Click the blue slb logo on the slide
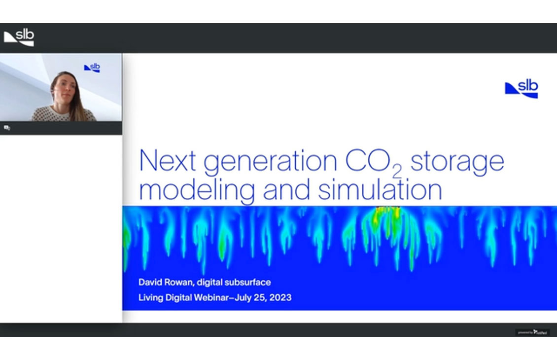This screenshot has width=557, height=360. [522, 89]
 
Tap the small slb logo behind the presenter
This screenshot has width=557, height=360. [92, 68]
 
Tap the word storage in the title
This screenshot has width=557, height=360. [457, 163]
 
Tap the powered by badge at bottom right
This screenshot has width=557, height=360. [532, 332]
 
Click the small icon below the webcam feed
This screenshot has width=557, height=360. [7, 128]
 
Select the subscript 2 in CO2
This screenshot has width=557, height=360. [397, 171]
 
